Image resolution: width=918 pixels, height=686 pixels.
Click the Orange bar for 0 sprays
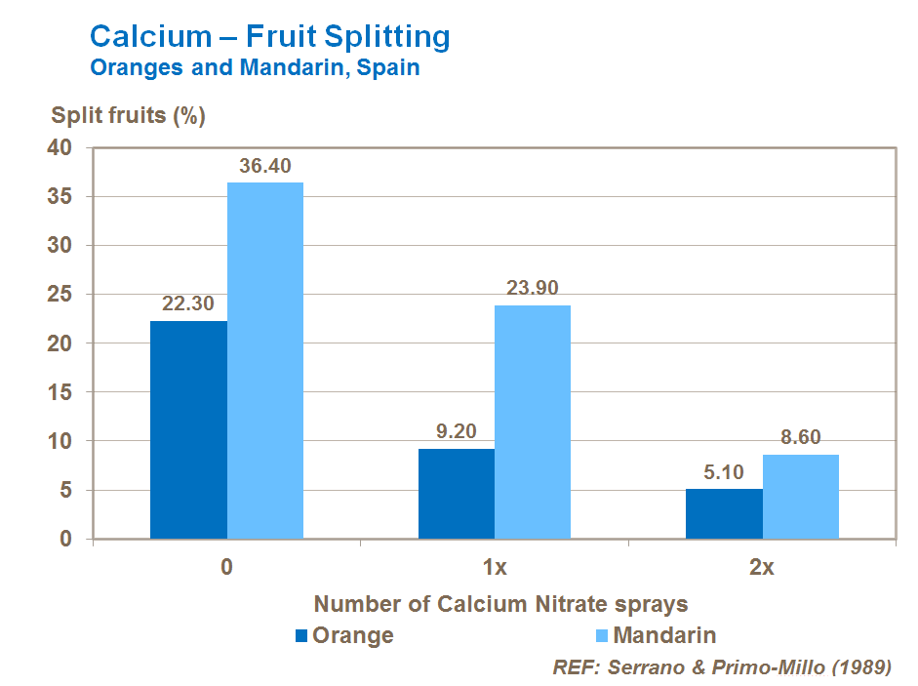[x=188, y=429]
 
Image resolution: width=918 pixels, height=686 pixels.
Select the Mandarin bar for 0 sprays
[x=265, y=360]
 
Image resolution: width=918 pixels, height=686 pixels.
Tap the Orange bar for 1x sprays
[x=456, y=493]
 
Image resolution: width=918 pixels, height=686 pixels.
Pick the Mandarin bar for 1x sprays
[x=533, y=422]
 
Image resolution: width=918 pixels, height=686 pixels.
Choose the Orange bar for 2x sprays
[x=724, y=513]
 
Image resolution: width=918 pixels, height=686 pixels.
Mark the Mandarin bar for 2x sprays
[x=801, y=496]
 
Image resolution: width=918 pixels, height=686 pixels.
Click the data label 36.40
[x=265, y=166]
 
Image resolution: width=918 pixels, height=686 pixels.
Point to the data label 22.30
[x=188, y=304]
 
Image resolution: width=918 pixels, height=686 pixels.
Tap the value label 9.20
[x=456, y=432]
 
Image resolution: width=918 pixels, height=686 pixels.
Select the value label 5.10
[x=724, y=472]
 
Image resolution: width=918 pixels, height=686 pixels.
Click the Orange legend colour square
[x=301, y=636]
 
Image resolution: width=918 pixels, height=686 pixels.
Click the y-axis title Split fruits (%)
[x=128, y=115]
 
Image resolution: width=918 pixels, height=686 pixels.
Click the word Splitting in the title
[x=383, y=37]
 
